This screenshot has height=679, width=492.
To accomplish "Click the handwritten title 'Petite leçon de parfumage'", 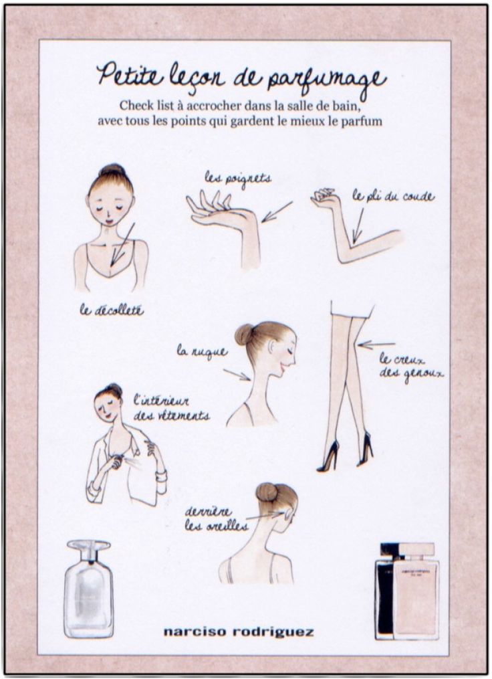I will click(x=241, y=75).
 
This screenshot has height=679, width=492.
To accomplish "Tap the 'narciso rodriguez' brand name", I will click(x=238, y=632).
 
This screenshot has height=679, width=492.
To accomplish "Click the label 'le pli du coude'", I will click(x=393, y=197).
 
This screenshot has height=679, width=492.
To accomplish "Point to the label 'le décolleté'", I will click(x=112, y=310).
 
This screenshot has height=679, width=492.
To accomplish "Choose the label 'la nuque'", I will click(x=202, y=351).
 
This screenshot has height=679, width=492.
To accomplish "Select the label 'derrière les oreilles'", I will click(x=215, y=519).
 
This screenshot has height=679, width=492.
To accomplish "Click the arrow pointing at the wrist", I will click(x=277, y=211).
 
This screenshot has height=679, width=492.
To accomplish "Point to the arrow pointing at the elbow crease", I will click(x=360, y=225).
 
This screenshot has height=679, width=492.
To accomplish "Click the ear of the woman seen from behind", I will click(x=288, y=514).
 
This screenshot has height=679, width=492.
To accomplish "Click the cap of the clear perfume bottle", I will click(x=88, y=550).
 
